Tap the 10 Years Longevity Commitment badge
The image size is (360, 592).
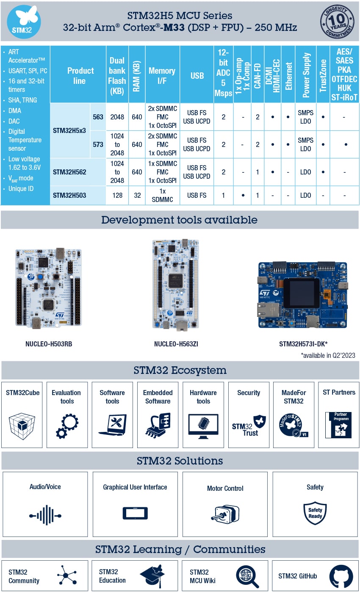tap(337, 21)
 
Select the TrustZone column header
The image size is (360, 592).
tap(323, 75)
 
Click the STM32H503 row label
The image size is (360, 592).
tap(69, 195)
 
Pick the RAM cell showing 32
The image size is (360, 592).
tap(137, 195)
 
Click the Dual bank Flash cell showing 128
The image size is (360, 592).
tap(117, 195)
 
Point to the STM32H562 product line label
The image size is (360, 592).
tap(69, 172)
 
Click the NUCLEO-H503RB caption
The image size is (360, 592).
tap(49, 344)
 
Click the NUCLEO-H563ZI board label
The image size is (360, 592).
tap(176, 344)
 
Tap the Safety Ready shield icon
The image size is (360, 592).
tap(315, 513)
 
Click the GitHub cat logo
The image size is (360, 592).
tap(341, 576)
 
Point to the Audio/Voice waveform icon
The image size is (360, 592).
tap(45, 515)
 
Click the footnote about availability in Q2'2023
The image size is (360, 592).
tap(328, 355)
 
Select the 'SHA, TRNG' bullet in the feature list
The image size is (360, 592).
tap(22, 100)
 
